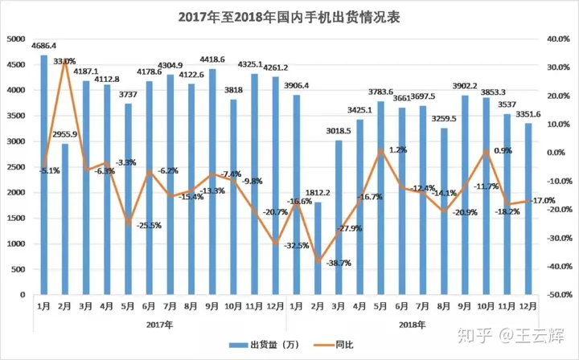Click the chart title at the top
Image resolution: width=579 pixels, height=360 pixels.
289,16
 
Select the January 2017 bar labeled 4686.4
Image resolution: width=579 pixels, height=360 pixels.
43,161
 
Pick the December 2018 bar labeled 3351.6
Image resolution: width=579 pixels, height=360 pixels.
528,209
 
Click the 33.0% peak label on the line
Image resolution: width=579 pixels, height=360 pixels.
65,61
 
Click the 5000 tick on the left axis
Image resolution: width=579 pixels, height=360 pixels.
14,39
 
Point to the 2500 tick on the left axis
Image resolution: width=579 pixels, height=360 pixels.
14,166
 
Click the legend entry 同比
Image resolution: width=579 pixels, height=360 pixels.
322,343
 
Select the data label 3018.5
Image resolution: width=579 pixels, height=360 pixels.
338,130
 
